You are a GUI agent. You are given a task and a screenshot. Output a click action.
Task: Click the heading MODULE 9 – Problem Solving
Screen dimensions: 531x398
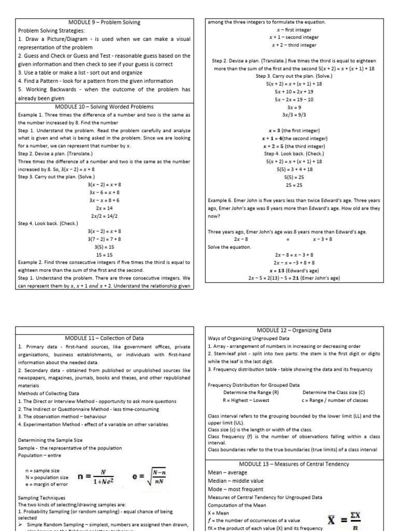[104, 22]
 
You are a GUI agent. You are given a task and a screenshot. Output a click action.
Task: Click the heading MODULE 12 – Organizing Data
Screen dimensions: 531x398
[294, 330]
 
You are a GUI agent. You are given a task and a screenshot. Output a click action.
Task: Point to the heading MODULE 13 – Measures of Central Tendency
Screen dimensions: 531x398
[294, 464]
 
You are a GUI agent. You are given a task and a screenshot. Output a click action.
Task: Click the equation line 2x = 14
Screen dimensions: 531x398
[104, 207]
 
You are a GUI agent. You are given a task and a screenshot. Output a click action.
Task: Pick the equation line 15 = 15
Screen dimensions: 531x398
[104, 255]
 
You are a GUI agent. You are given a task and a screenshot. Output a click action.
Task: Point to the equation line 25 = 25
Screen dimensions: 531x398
[294, 185]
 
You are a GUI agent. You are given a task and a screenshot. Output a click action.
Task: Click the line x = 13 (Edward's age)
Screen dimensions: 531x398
[294, 271]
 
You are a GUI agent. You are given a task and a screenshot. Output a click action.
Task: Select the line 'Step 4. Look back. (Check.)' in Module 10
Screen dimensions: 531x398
[48, 223]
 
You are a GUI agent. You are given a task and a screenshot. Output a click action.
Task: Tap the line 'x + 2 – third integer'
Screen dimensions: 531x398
[294, 45]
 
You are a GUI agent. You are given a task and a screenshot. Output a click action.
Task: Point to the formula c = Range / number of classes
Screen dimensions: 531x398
[334, 400]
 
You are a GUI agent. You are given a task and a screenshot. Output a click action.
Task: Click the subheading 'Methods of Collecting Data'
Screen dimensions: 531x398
[48, 394]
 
